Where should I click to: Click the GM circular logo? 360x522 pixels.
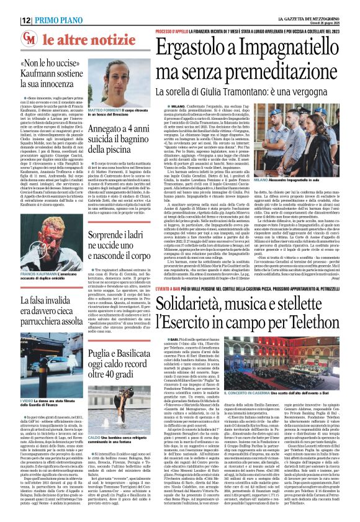[x=29, y=39]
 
